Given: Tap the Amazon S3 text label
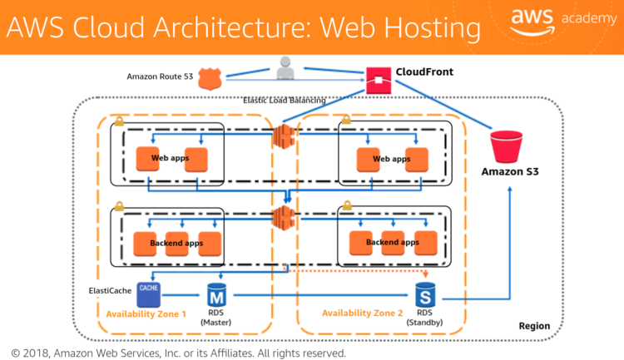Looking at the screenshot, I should (510, 172).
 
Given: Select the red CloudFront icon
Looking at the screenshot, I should (379, 81).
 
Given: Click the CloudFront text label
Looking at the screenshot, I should (425, 72).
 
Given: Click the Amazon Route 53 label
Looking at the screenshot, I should (160, 76).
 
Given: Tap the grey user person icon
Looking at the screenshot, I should (285, 68).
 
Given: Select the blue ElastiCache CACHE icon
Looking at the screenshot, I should (149, 293).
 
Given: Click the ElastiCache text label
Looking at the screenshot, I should (112, 291).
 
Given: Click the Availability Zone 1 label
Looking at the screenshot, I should (146, 314).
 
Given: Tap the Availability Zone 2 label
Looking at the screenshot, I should (362, 313).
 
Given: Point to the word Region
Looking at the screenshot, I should (534, 326).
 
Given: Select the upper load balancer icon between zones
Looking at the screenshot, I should (284, 136).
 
